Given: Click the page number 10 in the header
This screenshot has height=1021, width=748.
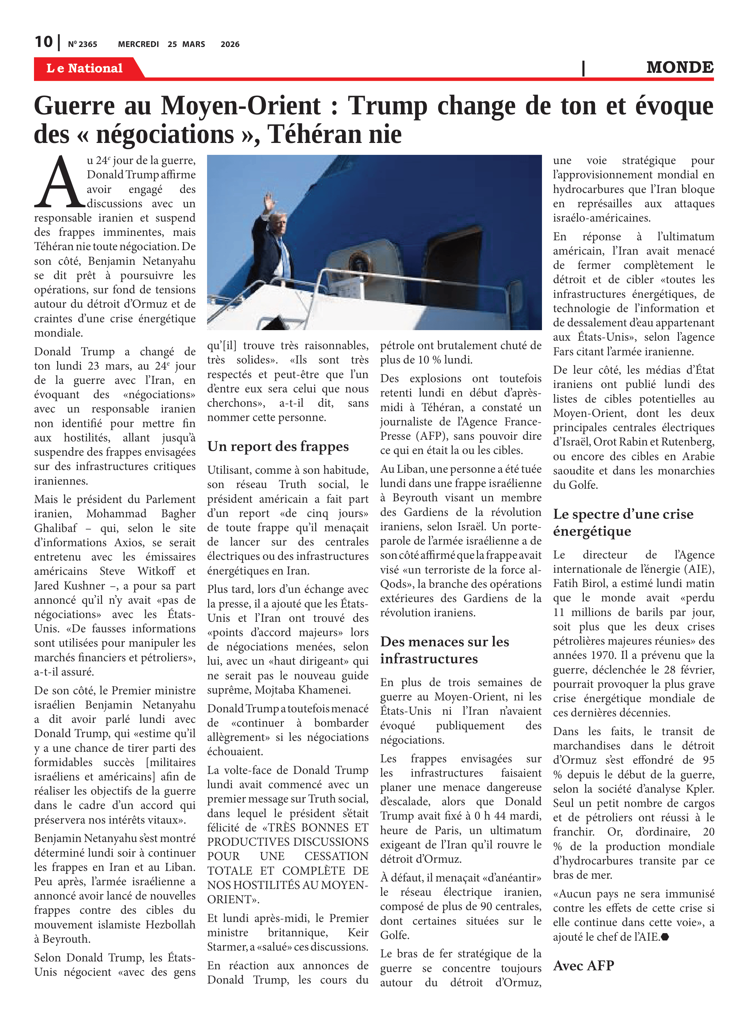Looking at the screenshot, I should click(x=44, y=42).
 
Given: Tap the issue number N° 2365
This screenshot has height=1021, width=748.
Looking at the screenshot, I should click(x=82, y=44).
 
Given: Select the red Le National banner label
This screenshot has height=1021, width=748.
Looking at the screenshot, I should click(x=85, y=68).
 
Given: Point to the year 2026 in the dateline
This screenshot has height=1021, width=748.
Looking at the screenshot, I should click(x=230, y=44).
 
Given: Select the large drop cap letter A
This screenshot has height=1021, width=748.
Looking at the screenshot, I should click(x=59, y=182).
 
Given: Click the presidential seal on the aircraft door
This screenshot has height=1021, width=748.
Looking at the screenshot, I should click(x=359, y=262).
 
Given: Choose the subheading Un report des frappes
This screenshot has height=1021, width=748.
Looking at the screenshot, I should click(x=278, y=447).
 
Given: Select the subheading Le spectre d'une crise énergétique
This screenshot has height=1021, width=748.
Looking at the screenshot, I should click(x=623, y=522).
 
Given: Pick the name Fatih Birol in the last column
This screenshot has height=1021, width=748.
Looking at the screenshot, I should click(x=579, y=583).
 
